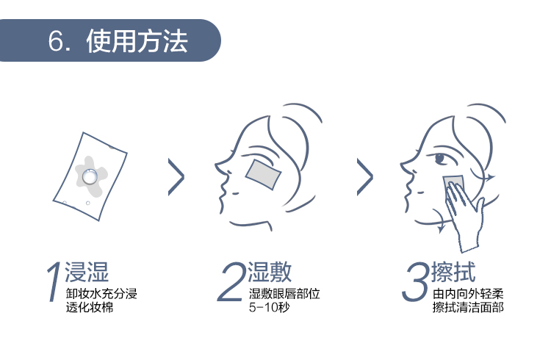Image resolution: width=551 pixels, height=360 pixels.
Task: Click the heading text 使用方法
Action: (137, 41)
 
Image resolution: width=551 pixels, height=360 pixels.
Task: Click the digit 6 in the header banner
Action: (56, 41)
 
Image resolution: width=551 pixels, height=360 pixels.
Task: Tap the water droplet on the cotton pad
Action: (90, 176)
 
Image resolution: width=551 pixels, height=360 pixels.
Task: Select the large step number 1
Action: (54, 281)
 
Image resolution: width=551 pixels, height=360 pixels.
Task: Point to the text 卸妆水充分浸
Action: (101, 293)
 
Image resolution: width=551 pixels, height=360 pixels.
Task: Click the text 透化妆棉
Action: (90, 307)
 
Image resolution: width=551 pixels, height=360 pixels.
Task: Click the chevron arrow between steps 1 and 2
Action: (176, 177)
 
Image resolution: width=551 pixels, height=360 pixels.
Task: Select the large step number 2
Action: (231, 281)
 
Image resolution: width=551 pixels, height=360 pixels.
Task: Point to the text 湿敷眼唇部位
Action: (284, 293)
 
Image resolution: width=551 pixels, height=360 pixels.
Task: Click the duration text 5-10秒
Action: (269, 307)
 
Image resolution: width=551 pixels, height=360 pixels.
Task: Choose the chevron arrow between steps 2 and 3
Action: (365, 177)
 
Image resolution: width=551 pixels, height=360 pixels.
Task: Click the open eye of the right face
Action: (440, 158)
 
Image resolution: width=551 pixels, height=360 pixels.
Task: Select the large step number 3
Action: (416, 281)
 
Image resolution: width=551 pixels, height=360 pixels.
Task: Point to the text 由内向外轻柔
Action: (468, 293)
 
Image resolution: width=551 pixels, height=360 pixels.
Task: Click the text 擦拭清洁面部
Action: (468, 307)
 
